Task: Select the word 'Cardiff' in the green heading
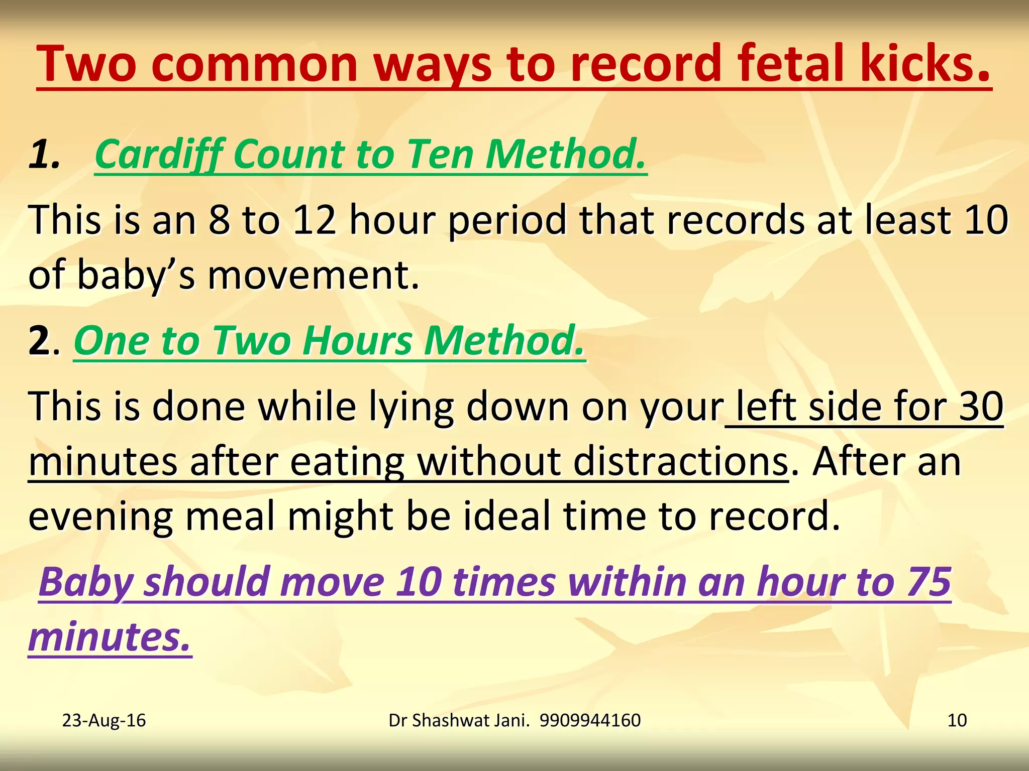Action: (x=159, y=154)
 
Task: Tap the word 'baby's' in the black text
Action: (x=136, y=276)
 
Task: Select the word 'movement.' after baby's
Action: (x=314, y=276)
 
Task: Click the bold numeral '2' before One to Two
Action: (x=39, y=341)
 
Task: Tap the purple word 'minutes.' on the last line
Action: (x=110, y=637)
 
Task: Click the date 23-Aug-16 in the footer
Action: (x=104, y=720)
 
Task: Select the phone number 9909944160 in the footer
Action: (x=590, y=720)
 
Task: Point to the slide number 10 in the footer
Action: (x=957, y=720)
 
